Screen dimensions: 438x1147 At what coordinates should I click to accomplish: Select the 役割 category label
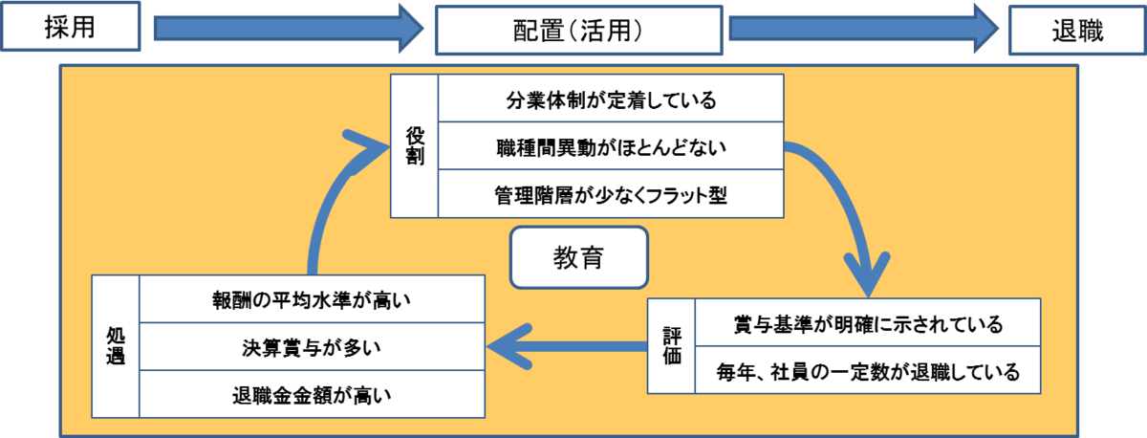click(414, 146)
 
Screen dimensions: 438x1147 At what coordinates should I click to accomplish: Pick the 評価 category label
click(671, 346)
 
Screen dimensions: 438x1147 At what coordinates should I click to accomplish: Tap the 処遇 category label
click(116, 346)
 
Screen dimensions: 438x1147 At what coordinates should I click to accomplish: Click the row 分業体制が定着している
click(610, 99)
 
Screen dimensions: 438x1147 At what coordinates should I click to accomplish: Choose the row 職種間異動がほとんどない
click(610, 146)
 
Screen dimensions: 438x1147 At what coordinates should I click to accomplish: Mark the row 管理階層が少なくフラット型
click(610, 194)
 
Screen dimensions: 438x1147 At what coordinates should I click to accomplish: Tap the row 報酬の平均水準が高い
click(312, 299)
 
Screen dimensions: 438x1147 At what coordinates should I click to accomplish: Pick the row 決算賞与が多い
click(312, 346)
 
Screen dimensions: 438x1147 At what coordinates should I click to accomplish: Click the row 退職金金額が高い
click(312, 393)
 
